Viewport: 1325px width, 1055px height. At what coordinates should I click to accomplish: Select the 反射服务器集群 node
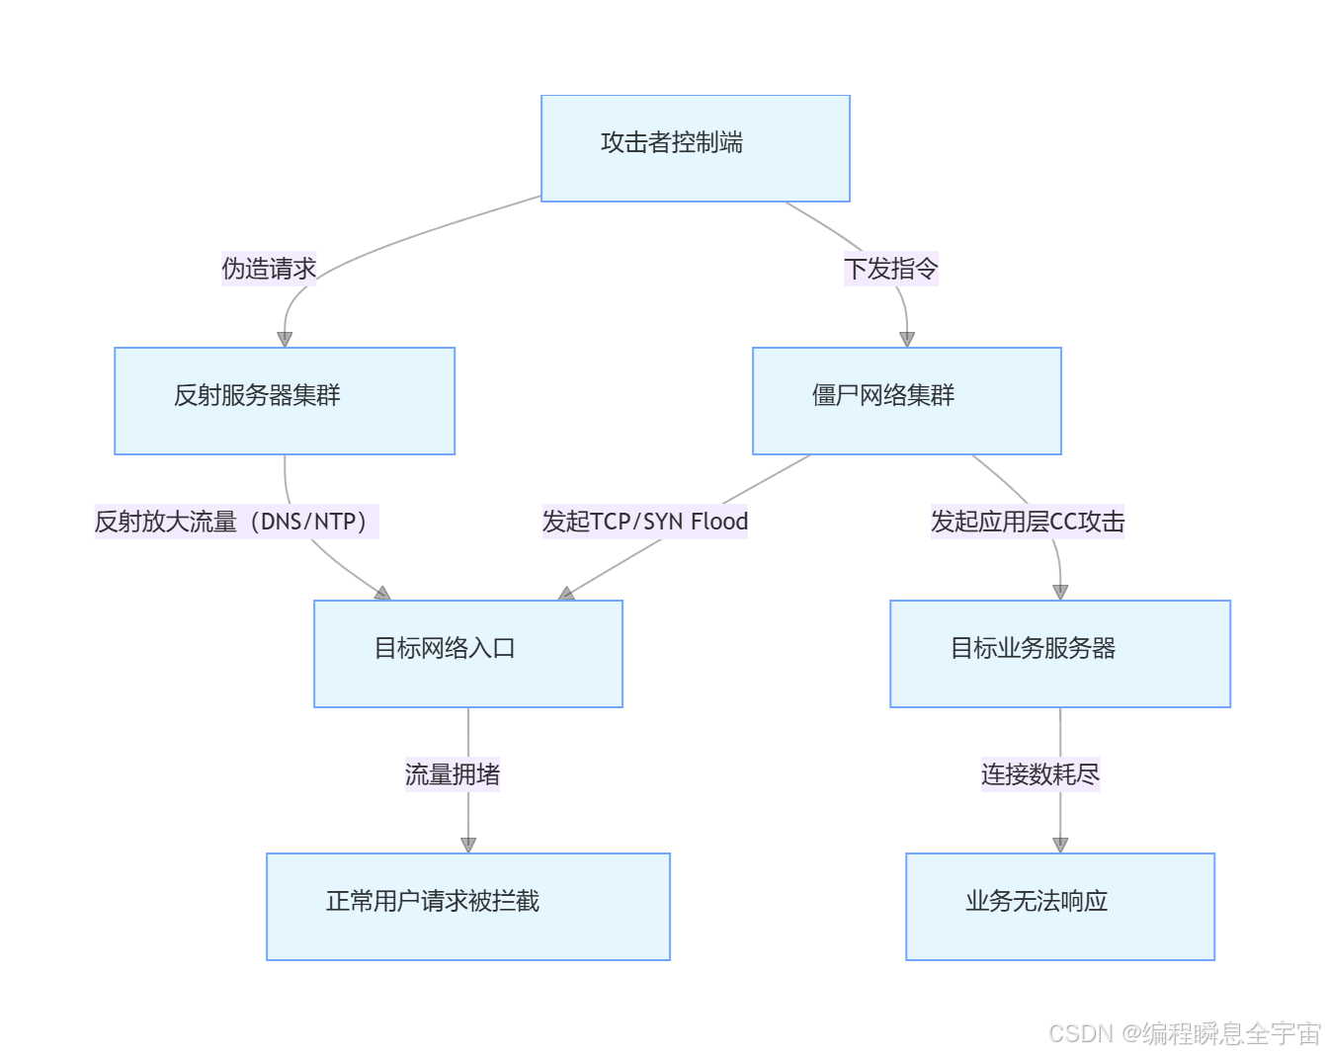(x=285, y=400)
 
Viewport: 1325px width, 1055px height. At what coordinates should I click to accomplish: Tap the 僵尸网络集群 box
(x=906, y=400)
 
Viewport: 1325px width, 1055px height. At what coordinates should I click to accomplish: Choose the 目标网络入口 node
(x=467, y=653)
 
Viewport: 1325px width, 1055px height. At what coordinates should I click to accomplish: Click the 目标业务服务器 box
(x=1059, y=653)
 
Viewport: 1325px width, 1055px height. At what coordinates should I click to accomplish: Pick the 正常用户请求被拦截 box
(x=467, y=906)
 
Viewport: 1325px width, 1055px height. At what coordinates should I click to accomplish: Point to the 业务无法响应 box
(x=1059, y=906)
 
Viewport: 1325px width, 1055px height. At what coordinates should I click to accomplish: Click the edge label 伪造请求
(x=269, y=269)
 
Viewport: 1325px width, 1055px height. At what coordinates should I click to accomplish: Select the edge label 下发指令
(x=890, y=269)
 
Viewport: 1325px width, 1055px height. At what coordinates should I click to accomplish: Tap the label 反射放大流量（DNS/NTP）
(x=236, y=522)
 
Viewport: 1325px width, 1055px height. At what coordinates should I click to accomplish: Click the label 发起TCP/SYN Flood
(x=644, y=522)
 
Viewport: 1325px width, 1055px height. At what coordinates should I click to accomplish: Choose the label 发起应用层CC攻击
(x=1028, y=522)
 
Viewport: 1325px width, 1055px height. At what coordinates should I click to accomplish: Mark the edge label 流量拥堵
(x=453, y=774)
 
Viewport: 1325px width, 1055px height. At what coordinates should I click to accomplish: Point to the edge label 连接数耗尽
(x=1039, y=774)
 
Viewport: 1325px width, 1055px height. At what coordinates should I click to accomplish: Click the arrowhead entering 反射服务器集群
(x=285, y=339)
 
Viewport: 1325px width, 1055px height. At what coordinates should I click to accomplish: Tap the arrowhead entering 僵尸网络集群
(x=906, y=339)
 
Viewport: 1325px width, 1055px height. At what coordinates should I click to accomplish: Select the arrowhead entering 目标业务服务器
(x=1059, y=592)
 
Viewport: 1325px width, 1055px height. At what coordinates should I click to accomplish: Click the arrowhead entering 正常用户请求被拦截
(x=467, y=845)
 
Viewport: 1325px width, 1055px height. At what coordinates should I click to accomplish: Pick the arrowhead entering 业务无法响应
(x=1059, y=845)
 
